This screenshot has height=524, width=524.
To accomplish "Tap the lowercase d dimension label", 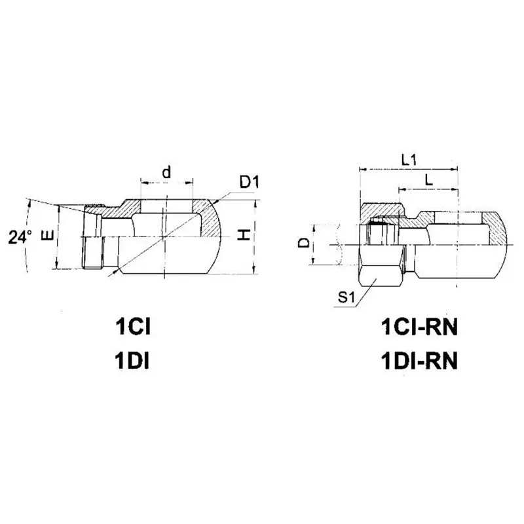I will tap(166, 172).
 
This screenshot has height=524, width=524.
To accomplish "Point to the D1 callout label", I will tap(249, 181).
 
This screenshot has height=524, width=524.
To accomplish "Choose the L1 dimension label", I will tap(410, 159).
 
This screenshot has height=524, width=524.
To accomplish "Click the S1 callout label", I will tap(346, 299).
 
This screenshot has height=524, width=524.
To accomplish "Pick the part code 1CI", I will tap(134, 327).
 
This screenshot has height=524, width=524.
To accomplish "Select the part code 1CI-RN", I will tap(417, 327).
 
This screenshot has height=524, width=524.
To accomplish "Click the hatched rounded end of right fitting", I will tap(496, 229).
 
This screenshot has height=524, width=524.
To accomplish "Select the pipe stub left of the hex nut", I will tap(337, 245).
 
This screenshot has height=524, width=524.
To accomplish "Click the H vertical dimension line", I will tap(255, 236).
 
